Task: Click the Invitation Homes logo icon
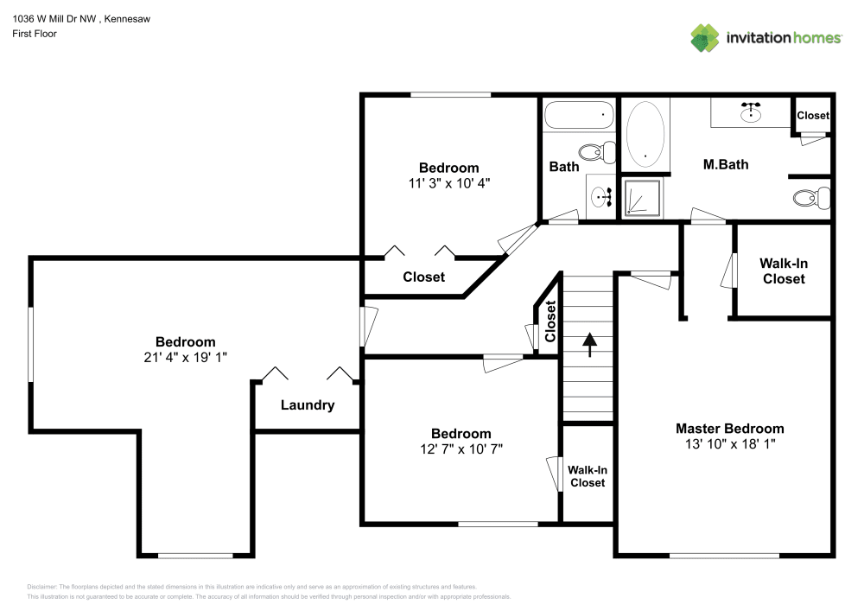tap(705, 37)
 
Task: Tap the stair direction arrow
tap(590, 344)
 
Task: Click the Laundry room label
tap(308, 405)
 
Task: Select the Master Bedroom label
tap(729, 429)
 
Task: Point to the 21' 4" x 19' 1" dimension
tap(186, 357)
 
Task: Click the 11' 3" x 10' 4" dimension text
tap(448, 183)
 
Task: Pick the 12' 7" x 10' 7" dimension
tap(461, 449)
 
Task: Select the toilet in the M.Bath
tap(810, 199)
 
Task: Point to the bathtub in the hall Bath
tap(579, 114)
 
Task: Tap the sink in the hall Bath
tap(601, 198)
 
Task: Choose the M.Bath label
tap(725, 164)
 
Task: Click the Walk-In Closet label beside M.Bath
tap(783, 270)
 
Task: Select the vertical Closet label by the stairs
tap(550, 322)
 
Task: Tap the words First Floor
tap(35, 34)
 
